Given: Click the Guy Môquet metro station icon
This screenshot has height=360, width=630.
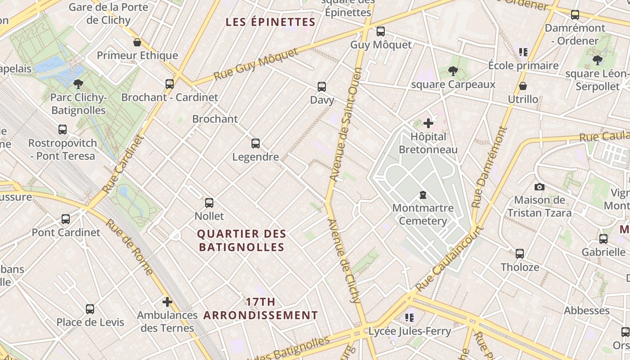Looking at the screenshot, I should coord(381,31).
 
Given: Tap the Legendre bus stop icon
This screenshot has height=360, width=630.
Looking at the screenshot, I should coord(256,144).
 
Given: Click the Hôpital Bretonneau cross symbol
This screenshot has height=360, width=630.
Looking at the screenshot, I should coord(428,123).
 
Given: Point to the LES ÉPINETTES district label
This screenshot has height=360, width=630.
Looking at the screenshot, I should coord(270,22).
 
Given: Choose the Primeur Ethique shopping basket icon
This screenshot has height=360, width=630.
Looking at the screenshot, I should coord(137,42).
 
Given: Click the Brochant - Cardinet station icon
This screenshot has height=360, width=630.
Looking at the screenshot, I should coord(170,84).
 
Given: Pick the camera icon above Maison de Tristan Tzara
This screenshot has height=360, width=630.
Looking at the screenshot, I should coord(540,187).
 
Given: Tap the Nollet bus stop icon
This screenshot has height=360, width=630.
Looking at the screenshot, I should coord(209,202).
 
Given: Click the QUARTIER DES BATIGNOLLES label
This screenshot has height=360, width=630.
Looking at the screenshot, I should coord(242,240).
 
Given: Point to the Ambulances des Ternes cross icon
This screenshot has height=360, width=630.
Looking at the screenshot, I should coord(167,301).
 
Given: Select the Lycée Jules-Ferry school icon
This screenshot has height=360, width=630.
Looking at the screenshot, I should coord(409,318).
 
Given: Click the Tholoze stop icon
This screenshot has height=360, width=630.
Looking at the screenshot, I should coord(520,253).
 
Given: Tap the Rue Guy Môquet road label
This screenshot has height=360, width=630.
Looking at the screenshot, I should coord(256,65).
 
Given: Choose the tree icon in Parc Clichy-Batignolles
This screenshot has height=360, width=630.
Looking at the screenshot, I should coord(78,84).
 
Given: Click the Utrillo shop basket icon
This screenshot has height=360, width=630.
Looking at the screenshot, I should coord(523,85).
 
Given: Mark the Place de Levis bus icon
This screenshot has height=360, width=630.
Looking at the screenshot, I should coord(90,309).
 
